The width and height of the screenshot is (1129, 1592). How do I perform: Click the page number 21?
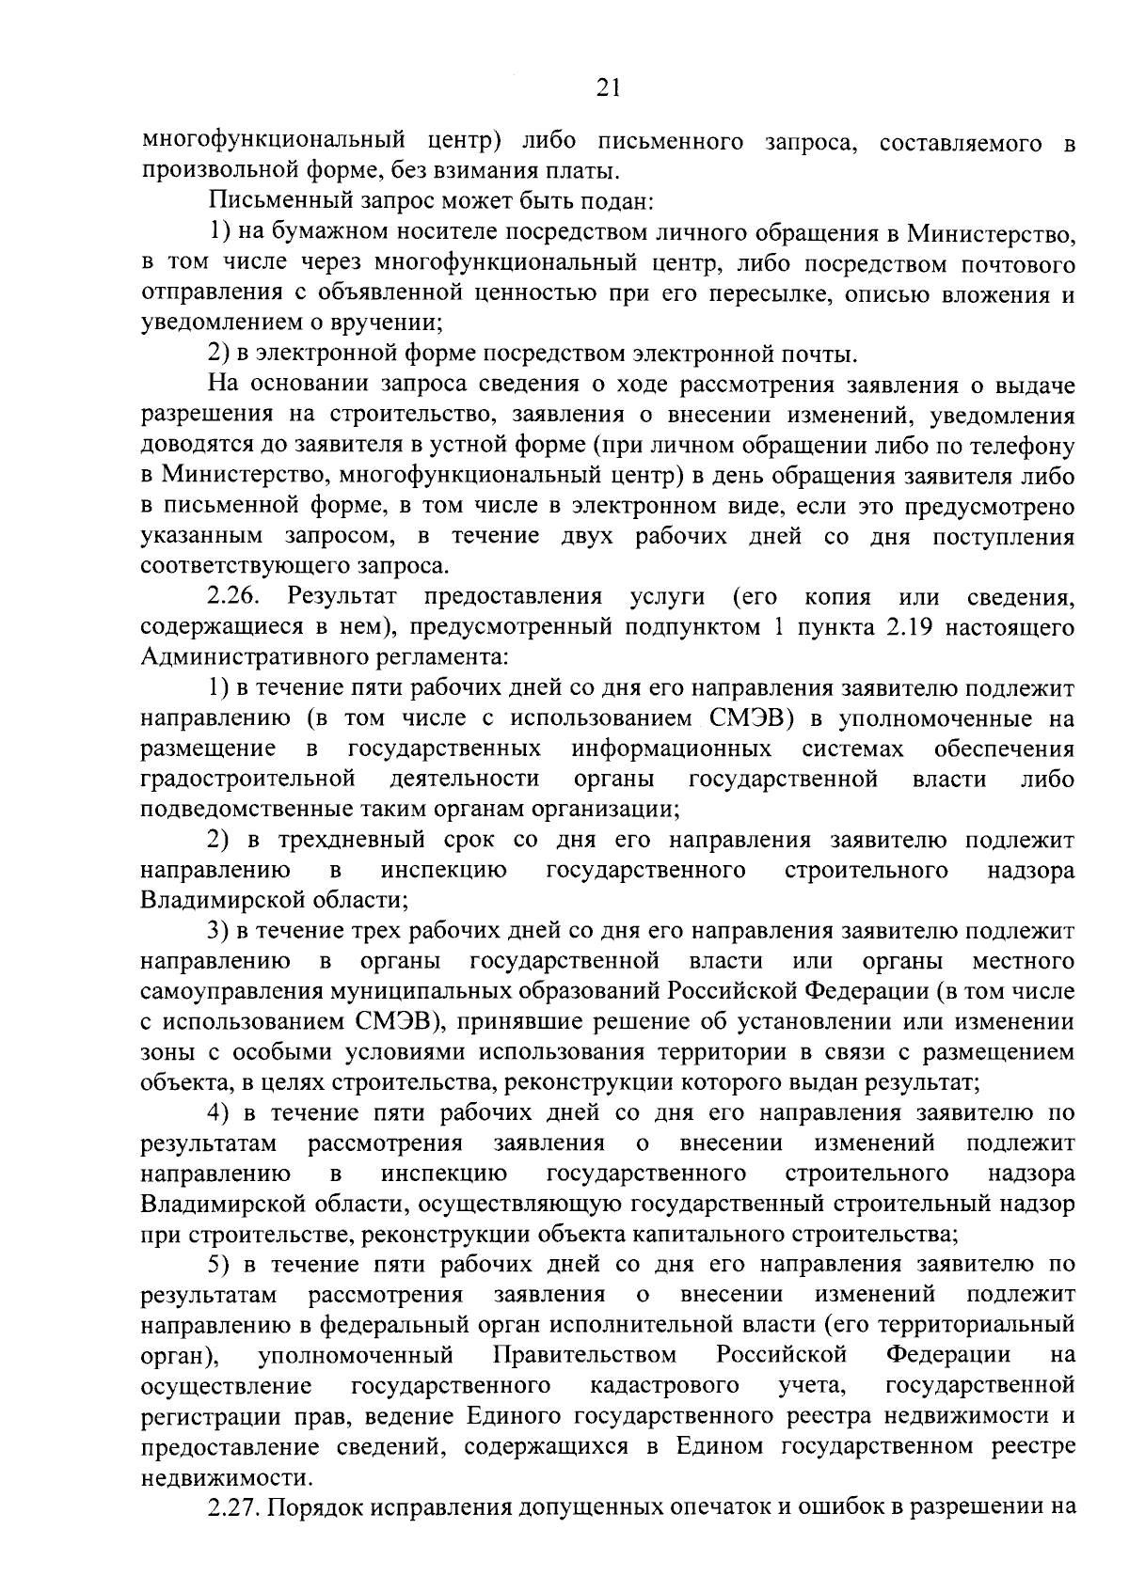[x=609, y=88]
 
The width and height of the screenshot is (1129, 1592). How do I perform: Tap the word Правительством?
[x=584, y=1355]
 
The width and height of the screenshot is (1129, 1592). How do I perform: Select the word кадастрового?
[x=664, y=1385]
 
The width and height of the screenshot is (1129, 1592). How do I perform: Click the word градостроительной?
[x=247, y=779]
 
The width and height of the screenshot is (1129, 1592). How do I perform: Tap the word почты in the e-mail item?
[x=819, y=355]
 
